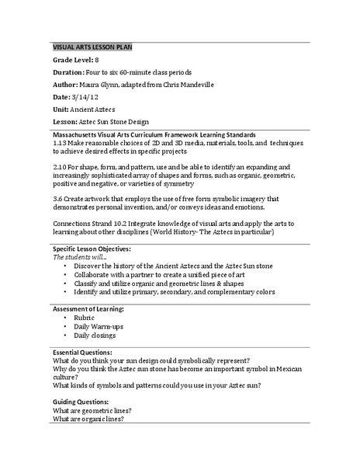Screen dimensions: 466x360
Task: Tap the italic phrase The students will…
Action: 78,257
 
